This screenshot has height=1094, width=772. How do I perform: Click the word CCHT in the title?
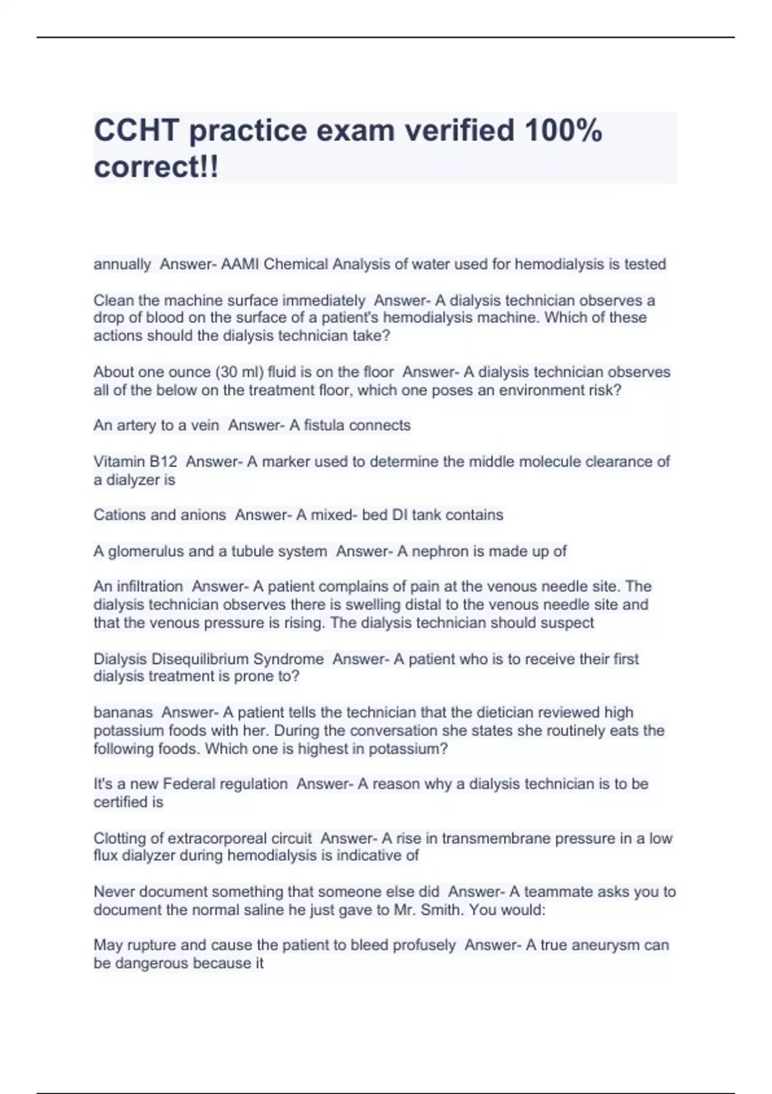pyautogui.click(x=136, y=131)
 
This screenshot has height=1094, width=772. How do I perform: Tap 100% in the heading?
pyautogui.click(x=564, y=131)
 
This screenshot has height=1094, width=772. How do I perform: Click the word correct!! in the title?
pyautogui.click(x=156, y=167)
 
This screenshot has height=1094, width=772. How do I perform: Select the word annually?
pyautogui.click(x=122, y=264)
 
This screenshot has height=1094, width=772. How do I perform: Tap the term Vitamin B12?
pyautogui.click(x=135, y=461)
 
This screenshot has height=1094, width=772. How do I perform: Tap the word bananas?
pyautogui.click(x=123, y=712)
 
